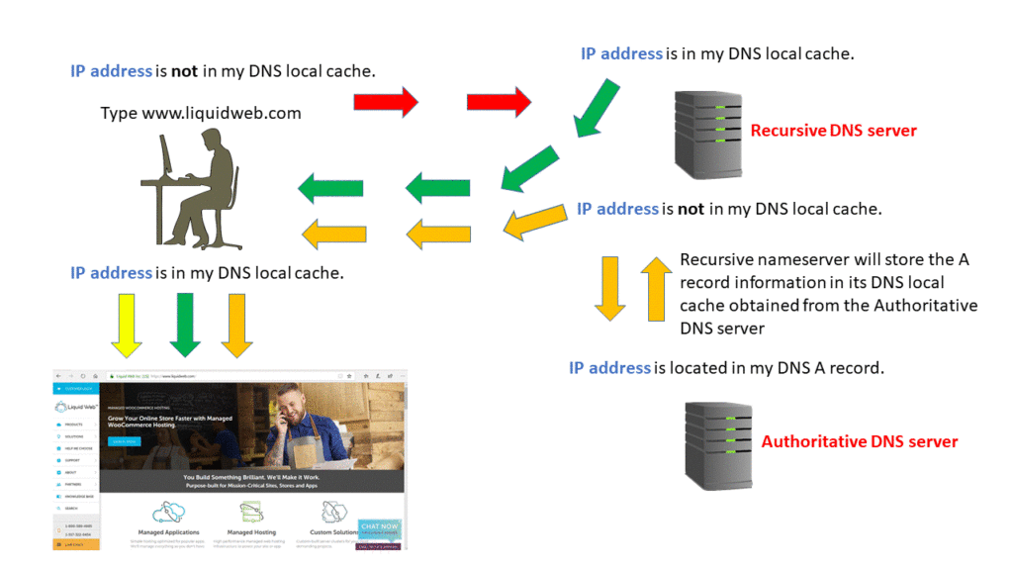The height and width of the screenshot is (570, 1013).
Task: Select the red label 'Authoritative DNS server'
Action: pyautogui.click(x=859, y=441)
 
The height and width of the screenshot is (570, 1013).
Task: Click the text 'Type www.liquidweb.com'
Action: pyautogui.click(x=201, y=113)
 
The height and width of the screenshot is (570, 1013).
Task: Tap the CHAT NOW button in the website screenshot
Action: pyautogui.click(x=380, y=527)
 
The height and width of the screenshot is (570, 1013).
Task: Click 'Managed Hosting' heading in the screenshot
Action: pyautogui.click(x=251, y=532)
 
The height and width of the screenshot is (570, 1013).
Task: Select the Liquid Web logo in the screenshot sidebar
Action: pyautogui.click(x=75, y=407)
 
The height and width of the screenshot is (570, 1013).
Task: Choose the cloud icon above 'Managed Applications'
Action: pyautogui.click(x=168, y=512)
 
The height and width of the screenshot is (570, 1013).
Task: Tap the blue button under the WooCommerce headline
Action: pyautogui.click(x=126, y=441)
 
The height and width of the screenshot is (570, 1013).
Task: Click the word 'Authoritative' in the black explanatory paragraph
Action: pyautogui.click(x=925, y=306)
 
